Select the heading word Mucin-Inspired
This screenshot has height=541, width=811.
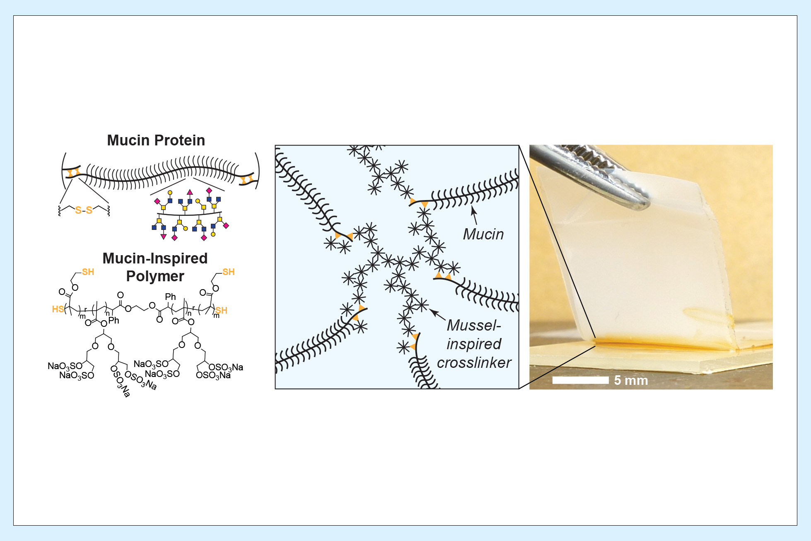click(x=155, y=258)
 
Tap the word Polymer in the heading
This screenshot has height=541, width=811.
click(x=155, y=276)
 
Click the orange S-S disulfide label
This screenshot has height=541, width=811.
click(x=84, y=210)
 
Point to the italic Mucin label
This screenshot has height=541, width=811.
click(x=483, y=234)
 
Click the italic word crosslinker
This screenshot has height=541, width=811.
click(x=474, y=363)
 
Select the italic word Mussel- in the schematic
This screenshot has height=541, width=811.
click(x=474, y=326)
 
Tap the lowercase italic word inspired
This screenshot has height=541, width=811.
click(x=474, y=344)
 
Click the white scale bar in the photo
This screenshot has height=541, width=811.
click(x=580, y=380)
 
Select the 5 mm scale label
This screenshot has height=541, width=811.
click(x=631, y=380)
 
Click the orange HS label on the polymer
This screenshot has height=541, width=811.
click(x=58, y=309)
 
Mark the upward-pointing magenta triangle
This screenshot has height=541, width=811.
click(x=190, y=192)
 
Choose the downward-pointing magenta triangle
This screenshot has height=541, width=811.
click(x=164, y=237)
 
